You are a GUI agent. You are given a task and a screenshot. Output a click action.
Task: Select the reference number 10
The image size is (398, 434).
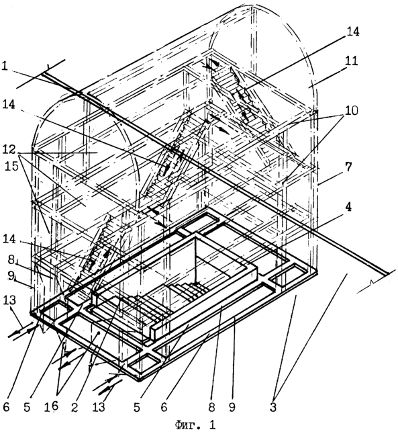(351, 111)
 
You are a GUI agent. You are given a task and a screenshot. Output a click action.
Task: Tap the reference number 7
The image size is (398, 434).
(348, 167)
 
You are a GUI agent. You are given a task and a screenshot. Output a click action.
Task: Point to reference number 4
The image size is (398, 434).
(349, 208)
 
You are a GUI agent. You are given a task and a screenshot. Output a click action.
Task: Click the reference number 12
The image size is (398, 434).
(9, 150)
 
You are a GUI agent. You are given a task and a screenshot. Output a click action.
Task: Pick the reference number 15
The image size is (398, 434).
(11, 166)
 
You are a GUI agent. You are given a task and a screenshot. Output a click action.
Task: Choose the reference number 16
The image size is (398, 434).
(52, 406)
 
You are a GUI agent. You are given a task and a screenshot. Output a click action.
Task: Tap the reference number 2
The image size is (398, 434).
(74, 407)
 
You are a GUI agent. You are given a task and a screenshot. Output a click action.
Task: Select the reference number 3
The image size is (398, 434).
(273, 407)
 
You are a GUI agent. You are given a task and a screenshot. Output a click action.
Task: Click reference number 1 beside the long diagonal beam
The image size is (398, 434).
(5, 67)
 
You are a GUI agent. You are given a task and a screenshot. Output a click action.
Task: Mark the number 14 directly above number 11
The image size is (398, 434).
(353, 32)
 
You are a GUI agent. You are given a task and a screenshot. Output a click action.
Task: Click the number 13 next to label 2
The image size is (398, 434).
(99, 407)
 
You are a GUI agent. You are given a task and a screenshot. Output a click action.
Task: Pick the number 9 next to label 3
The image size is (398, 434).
(232, 407)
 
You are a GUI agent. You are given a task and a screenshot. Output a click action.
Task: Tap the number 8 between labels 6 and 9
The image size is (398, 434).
(211, 407)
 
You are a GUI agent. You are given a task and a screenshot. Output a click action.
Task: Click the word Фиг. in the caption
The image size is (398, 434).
(185, 425)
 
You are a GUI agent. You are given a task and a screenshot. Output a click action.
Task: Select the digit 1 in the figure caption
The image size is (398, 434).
(212, 425)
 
